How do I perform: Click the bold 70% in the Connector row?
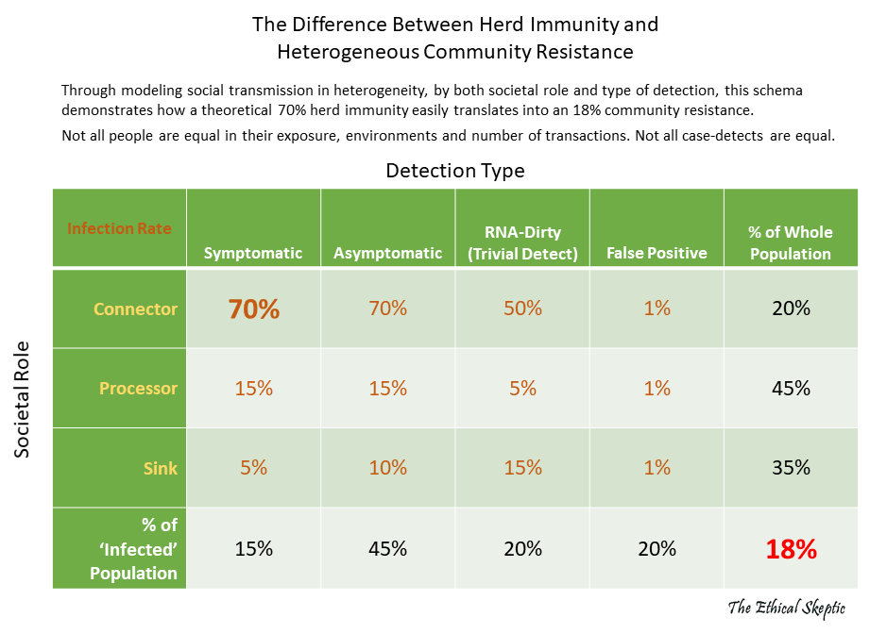click(x=253, y=309)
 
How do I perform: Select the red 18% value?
click(x=791, y=549)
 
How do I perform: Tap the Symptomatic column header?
click(x=253, y=253)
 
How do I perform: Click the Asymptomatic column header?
click(x=387, y=253)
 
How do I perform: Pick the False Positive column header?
click(x=657, y=253)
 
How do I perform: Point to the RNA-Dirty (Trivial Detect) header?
click(x=522, y=242)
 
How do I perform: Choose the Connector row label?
click(x=135, y=309)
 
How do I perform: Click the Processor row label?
click(x=138, y=389)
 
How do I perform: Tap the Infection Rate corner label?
click(x=119, y=228)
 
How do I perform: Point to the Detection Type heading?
click(x=454, y=171)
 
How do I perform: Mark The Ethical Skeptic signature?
click(x=785, y=608)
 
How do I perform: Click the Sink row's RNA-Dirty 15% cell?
click(x=522, y=468)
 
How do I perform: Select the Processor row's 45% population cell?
click(x=791, y=389)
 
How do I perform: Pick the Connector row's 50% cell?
click(x=522, y=309)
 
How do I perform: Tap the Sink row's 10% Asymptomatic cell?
click(x=387, y=468)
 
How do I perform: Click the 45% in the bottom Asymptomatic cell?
click(x=387, y=549)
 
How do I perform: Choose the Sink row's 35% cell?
click(x=791, y=468)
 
